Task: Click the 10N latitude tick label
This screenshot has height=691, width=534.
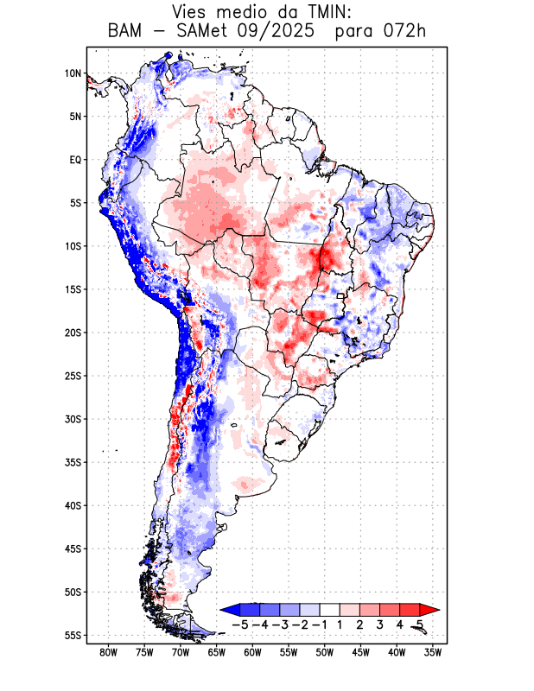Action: [73, 73]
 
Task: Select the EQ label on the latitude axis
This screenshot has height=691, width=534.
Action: [75, 160]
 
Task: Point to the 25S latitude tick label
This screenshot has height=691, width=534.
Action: [73, 376]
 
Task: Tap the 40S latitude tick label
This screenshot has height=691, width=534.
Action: [73, 505]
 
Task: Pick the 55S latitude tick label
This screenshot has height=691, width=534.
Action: [73, 635]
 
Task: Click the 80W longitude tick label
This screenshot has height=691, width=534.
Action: [108, 653]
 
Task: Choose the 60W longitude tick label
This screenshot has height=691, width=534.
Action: [252, 653]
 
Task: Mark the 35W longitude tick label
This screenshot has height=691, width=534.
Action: [433, 653]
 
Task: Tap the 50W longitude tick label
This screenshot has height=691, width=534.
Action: [325, 653]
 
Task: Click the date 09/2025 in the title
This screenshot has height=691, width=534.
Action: [274, 32]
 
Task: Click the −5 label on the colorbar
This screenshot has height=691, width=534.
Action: [242, 624]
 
